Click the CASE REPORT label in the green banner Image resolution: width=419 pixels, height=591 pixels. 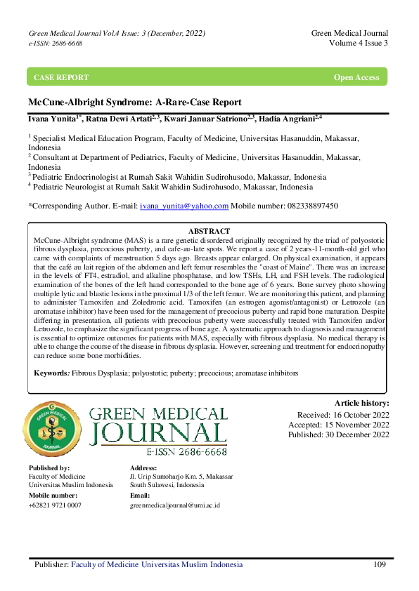[62, 77]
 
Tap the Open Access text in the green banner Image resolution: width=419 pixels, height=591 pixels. [356, 77]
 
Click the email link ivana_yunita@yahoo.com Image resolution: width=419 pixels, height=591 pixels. [184, 206]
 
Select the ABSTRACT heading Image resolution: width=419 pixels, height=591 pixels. [209, 231]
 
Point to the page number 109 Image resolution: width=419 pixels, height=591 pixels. [380, 564]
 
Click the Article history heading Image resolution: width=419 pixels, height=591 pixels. [361, 403]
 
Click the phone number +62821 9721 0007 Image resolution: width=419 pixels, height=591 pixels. [55, 505]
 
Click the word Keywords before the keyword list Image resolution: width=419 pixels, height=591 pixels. [51, 373]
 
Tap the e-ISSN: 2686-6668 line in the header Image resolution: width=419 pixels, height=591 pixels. [56, 44]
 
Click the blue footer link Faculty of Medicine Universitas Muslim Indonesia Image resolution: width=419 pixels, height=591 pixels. [157, 564]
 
